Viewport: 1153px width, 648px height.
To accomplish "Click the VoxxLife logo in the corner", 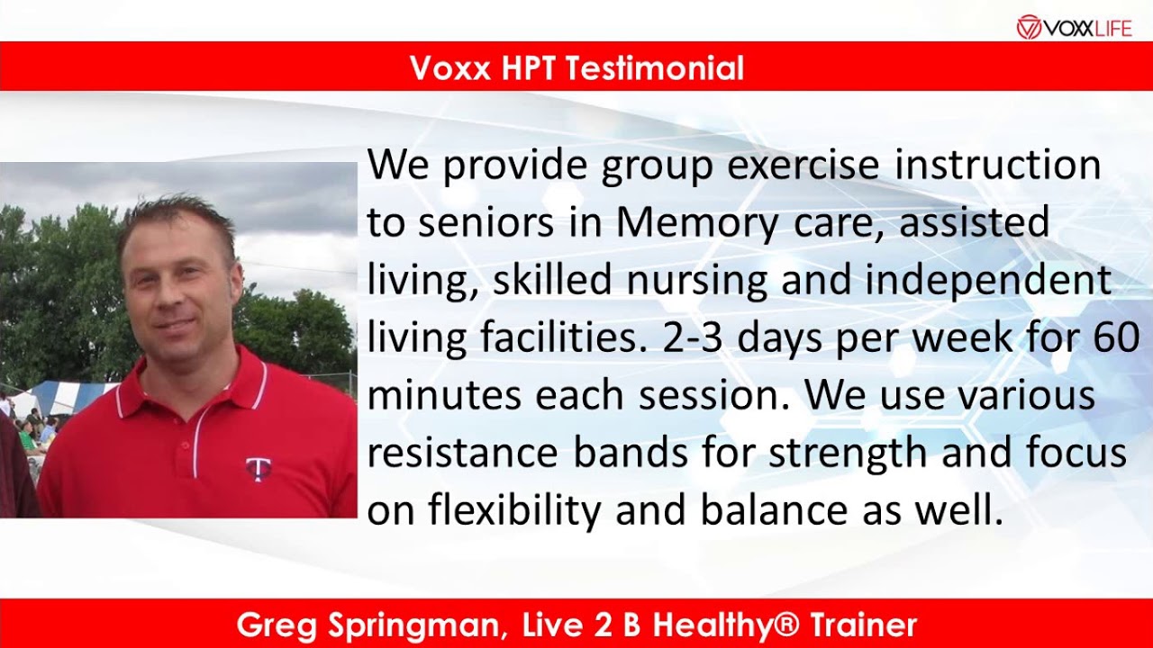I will [x=1073, y=27].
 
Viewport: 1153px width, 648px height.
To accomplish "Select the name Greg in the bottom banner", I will [x=273, y=625].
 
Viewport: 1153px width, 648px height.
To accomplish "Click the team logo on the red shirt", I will [x=259, y=468].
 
